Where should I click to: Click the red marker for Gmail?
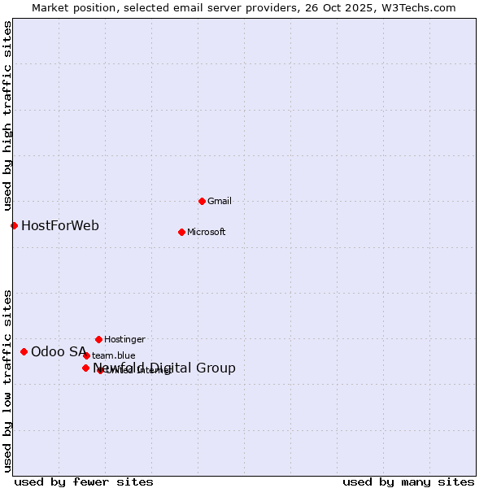202,201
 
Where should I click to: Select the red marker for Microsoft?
181,232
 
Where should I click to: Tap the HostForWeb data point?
14,225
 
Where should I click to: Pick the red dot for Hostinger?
98,339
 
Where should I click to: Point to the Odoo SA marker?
24,351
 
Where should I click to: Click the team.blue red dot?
86,355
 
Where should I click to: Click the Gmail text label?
220,201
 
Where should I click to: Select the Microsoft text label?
207,232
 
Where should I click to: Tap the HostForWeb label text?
60,225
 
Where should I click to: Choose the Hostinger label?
124,339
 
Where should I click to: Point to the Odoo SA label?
59,351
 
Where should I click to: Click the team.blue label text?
114,355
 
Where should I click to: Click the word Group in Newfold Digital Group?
216,368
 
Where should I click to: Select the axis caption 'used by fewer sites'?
84,481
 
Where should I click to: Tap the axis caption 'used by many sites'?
408,481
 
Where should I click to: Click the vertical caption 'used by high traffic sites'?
7,115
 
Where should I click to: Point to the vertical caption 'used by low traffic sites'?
7,381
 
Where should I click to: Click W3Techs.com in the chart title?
420,7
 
